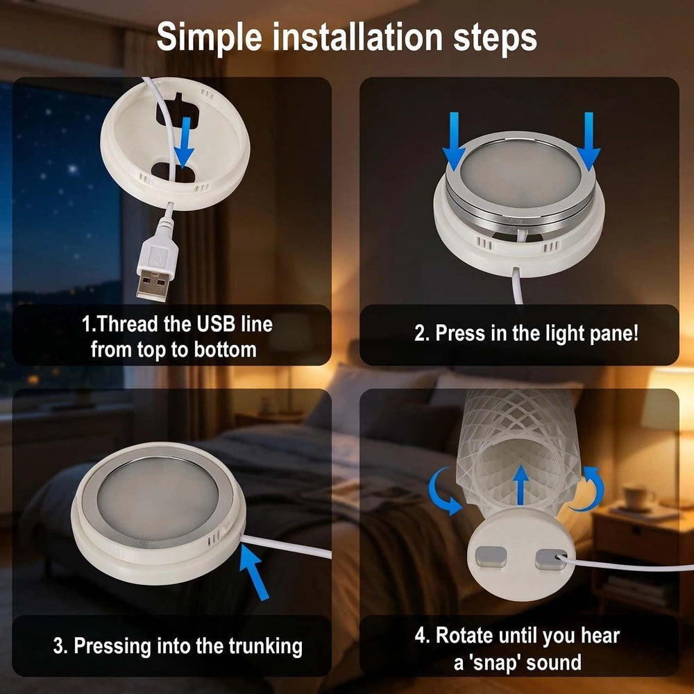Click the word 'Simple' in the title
coord(210,38)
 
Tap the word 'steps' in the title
coord(495,39)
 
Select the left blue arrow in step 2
coord(454,141)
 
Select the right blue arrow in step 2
coord(589,141)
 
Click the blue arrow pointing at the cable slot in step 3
coord(254,572)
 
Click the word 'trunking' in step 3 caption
coord(266,646)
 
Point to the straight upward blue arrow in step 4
coord(521,484)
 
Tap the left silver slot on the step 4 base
coord(491,557)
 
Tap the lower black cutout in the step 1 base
coord(173,171)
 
